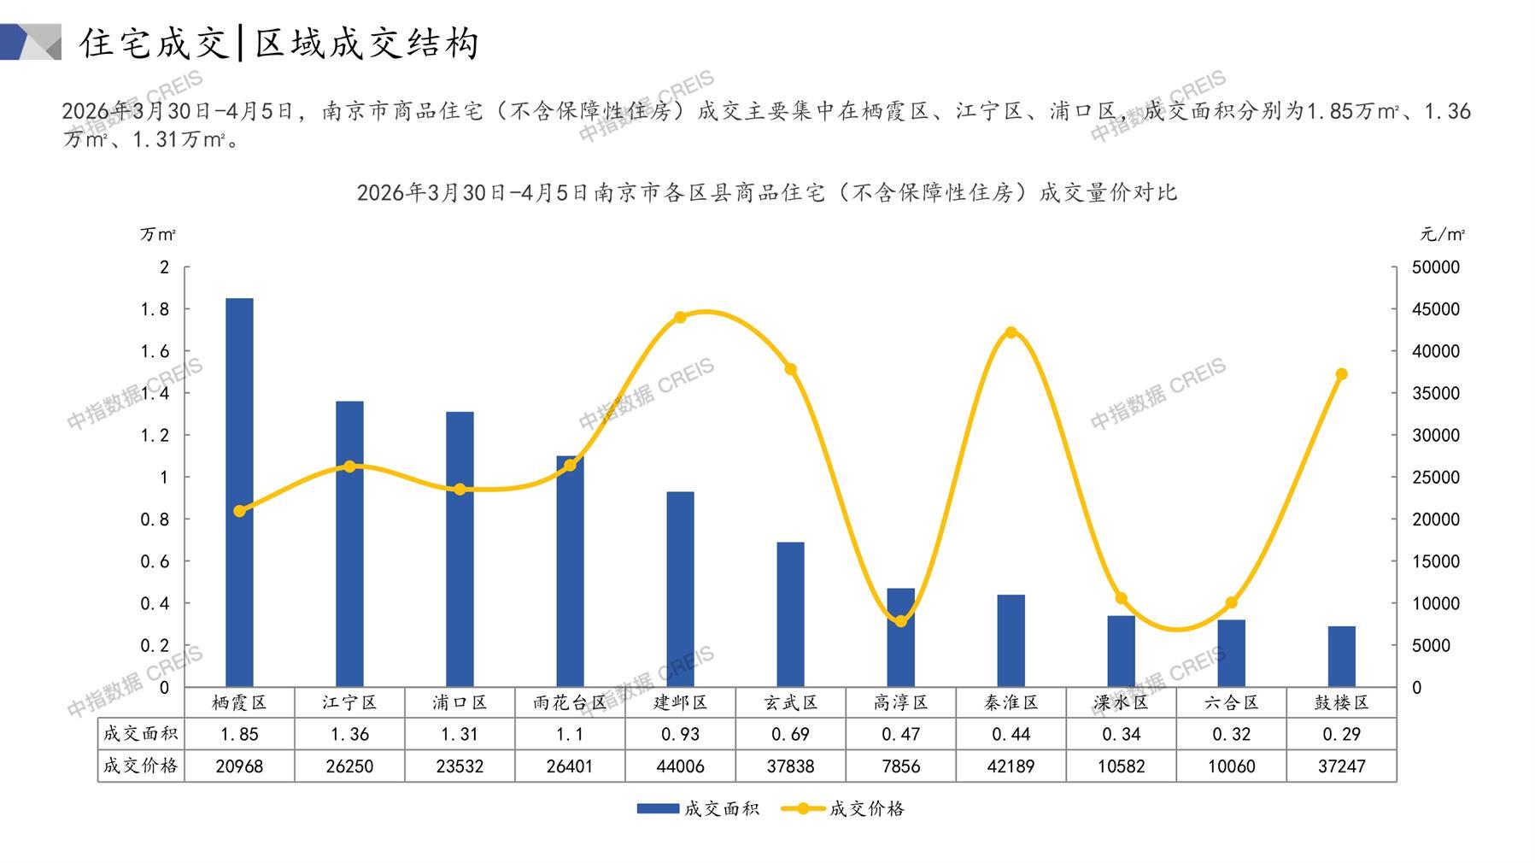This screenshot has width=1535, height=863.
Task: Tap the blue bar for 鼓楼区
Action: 1341,656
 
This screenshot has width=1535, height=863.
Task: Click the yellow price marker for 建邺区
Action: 680,318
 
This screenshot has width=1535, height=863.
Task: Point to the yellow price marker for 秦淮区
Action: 1011,332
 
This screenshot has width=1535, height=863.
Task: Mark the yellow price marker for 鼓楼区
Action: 1341,374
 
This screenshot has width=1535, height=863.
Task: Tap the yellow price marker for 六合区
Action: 1231,602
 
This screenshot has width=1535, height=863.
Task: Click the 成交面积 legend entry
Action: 698,808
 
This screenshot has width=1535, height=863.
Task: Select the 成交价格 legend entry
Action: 843,808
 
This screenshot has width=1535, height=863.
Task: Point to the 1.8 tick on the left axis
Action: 155,309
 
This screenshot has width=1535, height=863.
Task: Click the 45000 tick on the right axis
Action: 1435,309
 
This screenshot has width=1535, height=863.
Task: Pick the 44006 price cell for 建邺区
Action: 680,766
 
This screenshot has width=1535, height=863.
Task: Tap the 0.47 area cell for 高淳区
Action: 900,734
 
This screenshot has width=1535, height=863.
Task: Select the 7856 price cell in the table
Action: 900,766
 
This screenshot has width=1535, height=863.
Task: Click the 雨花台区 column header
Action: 570,702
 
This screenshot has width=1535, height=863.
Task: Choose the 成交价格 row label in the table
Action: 140,766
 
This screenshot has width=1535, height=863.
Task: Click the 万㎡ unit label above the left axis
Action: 158,234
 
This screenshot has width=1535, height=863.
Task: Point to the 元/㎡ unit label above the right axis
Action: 1443,234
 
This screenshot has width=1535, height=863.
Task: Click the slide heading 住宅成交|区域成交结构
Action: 279,43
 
